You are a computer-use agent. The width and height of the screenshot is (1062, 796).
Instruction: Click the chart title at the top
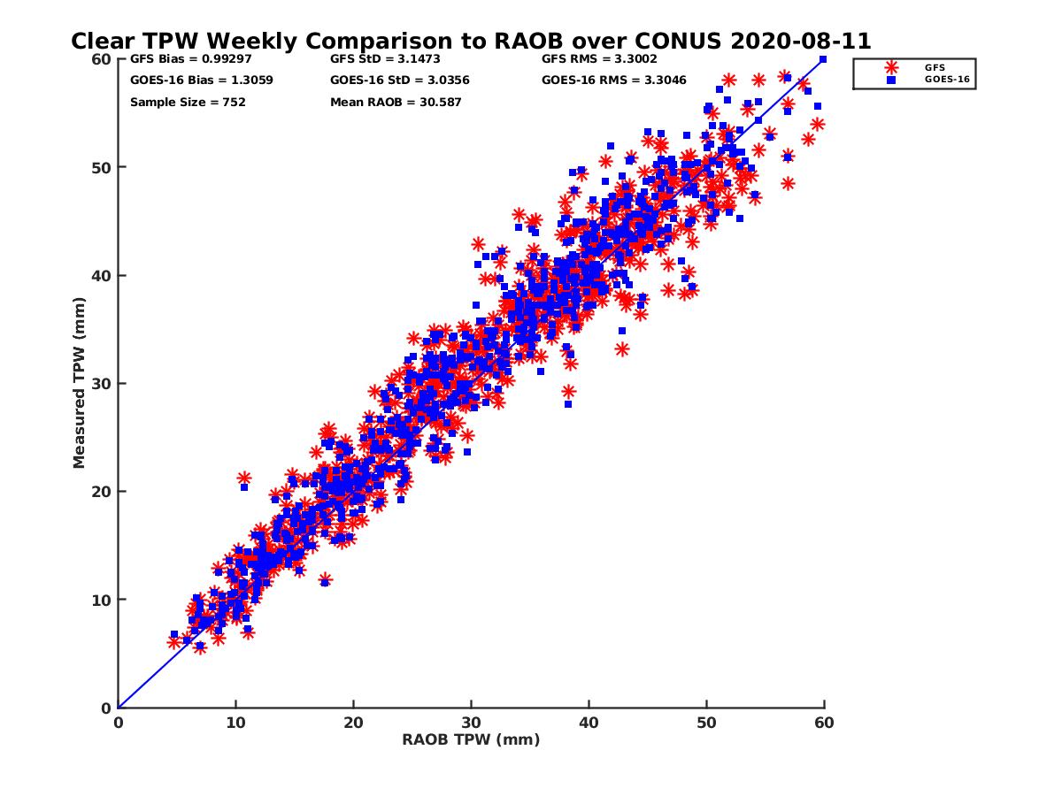(x=471, y=41)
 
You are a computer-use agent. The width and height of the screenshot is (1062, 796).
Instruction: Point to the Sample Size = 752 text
(x=188, y=103)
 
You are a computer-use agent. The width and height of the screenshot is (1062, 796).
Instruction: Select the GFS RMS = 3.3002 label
(x=599, y=59)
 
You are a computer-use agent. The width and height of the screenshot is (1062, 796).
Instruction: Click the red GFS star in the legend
(x=890, y=67)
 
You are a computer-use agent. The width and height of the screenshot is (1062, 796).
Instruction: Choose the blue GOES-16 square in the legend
(x=890, y=80)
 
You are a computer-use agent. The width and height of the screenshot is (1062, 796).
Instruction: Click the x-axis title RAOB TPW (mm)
(x=471, y=740)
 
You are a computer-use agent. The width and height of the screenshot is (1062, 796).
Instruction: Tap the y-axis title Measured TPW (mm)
(x=80, y=383)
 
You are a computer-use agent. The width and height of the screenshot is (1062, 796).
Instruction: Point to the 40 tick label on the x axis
(x=589, y=723)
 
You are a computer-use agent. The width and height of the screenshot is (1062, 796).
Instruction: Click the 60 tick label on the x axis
(x=824, y=723)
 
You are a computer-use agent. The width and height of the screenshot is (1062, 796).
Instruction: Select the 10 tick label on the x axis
(x=235, y=723)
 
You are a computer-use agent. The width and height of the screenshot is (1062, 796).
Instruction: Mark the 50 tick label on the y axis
(x=100, y=167)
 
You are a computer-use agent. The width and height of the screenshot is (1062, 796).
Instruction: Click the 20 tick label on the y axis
(x=100, y=492)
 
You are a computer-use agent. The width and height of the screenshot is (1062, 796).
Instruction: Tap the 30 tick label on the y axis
(x=100, y=384)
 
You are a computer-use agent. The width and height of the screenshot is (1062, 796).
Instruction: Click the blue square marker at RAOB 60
(x=823, y=59)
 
